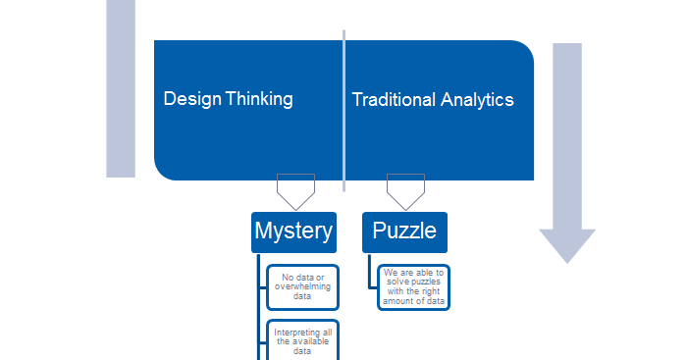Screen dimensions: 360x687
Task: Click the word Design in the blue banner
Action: point(191,99)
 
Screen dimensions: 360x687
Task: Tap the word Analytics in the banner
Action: point(477,100)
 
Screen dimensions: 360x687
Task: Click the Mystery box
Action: point(293,231)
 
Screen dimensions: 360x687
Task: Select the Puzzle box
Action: point(404,231)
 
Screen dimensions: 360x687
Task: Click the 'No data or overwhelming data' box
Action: point(302,286)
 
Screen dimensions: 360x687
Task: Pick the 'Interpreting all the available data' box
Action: point(302,341)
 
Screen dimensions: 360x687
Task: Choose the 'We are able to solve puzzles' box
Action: point(414,286)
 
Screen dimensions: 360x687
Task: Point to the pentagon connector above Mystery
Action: point(295,189)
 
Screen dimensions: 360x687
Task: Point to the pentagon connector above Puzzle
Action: point(405,187)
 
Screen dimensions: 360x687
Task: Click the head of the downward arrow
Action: point(567,244)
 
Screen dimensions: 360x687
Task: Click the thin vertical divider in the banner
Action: point(344,108)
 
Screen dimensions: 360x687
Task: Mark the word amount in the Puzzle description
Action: point(401,301)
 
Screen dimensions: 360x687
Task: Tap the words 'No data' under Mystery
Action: point(295,278)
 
